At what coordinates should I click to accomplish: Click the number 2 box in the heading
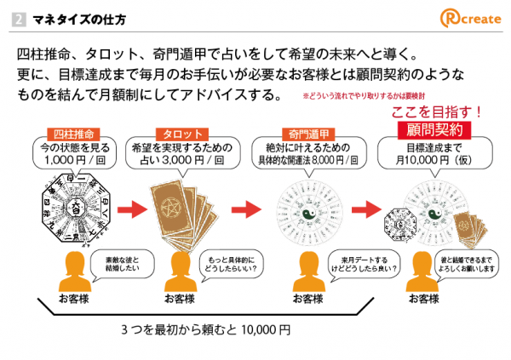click(20, 18)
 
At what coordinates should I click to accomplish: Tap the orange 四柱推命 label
click(72, 134)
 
